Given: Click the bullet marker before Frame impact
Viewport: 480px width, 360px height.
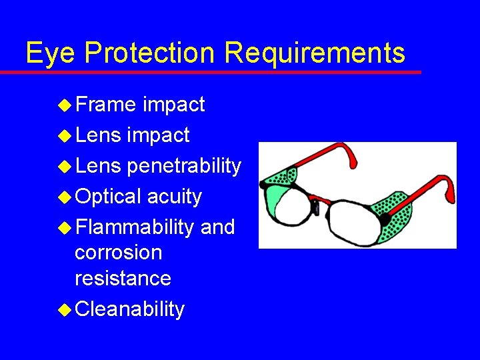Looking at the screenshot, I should tap(65, 105).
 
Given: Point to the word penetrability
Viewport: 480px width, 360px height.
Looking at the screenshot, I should tap(183, 166).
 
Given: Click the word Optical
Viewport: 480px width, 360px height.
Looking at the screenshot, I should tap(108, 197).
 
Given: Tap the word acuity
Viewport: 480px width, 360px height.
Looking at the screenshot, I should tap(174, 197).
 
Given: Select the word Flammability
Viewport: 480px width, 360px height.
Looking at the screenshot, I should tap(135, 227).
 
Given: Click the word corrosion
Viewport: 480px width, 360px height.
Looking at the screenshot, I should tap(118, 253).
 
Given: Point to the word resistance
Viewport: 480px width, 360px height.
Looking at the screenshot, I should tap(123, 278).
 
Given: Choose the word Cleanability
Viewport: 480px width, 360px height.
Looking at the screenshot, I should tap(129, 309).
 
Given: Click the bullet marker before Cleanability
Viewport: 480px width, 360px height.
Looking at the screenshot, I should tap(65, 309).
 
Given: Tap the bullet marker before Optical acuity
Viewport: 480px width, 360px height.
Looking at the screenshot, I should tap(65, 197).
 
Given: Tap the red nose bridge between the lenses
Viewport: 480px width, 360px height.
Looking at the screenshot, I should tap(321, 199).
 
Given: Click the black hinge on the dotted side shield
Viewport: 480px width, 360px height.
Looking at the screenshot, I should tap(385, 219).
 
